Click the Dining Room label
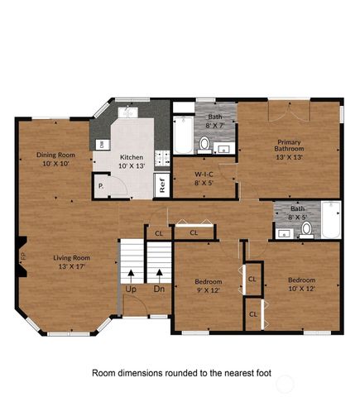(55, 159)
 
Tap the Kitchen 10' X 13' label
(132, 161)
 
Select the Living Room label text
(71, 261)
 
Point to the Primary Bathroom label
(289, 151)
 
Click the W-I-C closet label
(205, 179)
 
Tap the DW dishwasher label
(101, 145)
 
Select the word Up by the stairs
(131, 289)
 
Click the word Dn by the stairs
(158, 289)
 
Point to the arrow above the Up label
(131, 274)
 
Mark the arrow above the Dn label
(158, 274)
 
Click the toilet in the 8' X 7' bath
(204, 144)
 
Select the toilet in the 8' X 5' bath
(306, 229)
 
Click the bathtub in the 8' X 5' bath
(329, 219)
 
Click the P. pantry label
(101, 187)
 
